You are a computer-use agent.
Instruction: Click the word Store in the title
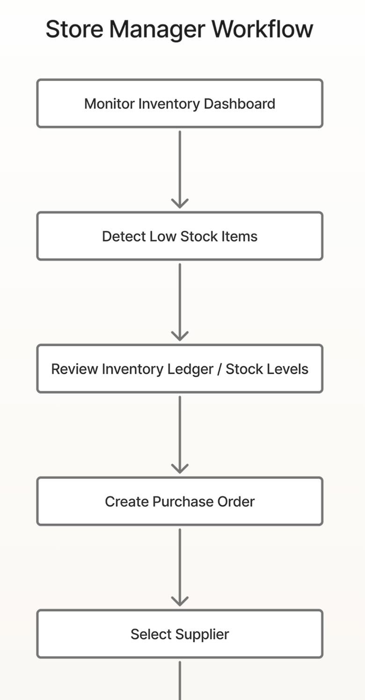[x=74, y=29]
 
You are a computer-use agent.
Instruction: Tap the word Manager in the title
[x=157, y=29]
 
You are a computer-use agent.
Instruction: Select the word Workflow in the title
[x=262, y=29]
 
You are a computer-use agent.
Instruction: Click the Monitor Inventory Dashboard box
[x=180, y=103]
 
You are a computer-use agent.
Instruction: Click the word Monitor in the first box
[x=109, y=103]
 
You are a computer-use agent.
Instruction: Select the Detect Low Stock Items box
[x=180, y=236]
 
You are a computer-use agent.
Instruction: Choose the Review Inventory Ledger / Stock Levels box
[x=180, y=369]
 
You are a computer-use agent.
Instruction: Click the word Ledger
[x=192, y=369]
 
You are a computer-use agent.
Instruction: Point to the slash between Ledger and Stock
[x=219, y=369]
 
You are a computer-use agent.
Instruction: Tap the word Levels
[x=288, y=369]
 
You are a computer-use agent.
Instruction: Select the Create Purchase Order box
[x=180, y=501]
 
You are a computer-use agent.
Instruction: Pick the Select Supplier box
[x=180, y=634]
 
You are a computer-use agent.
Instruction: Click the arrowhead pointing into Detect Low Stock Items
[x=180, y=203]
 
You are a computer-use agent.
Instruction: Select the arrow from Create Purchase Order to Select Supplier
[x=180, y=565]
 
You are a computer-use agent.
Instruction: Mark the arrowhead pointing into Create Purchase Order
[x=180, y=468]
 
